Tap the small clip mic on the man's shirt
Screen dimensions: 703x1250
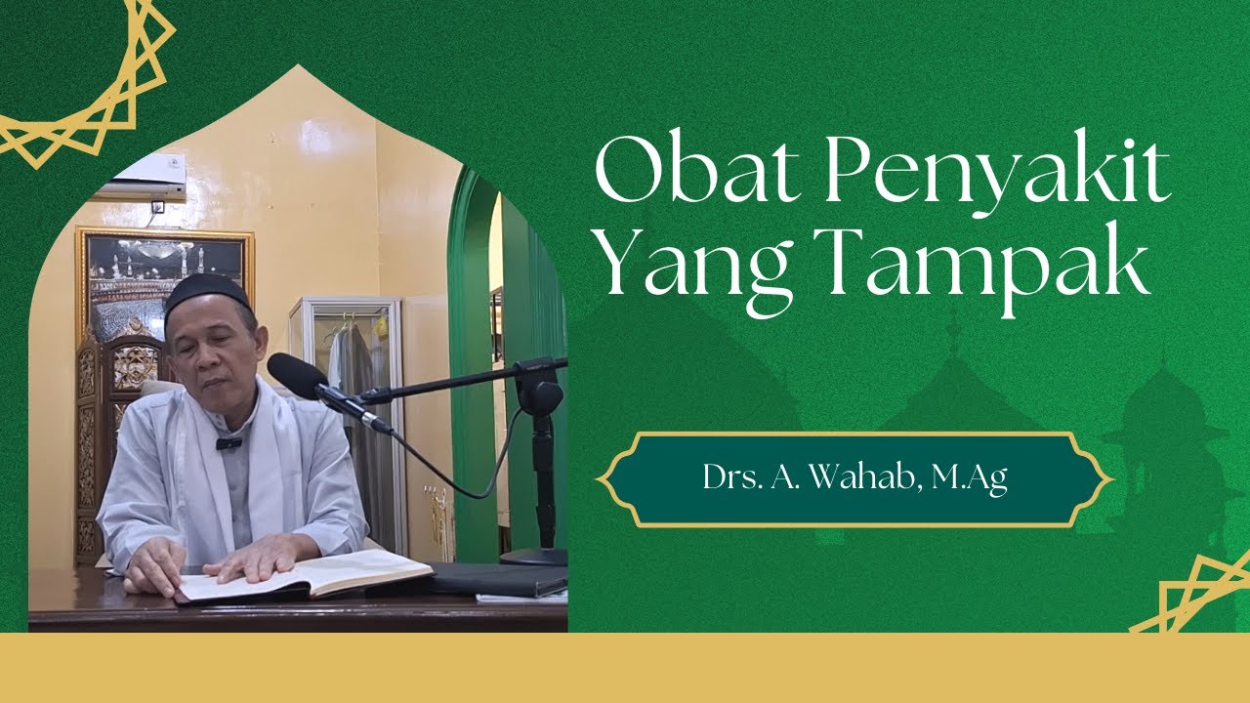(228, 443)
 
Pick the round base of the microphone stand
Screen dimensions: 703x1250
(534, 557)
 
